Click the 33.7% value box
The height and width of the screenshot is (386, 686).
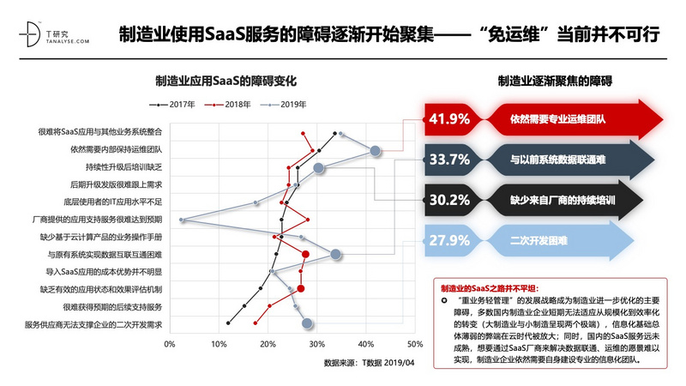pyautogui.click(x=449, y=160)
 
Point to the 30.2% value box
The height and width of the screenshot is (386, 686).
pyautogui.click(x=449, y=200)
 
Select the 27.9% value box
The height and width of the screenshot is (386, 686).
pyautogui.click(x=449, y=240)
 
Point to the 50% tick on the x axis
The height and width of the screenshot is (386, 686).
pyautogui.click(x=414, y=344)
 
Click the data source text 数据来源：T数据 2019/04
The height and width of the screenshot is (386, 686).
pyautogui.click(x=369, y=363)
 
